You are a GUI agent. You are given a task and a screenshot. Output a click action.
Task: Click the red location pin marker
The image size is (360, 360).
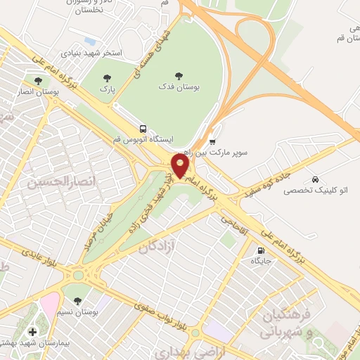click(181, 166)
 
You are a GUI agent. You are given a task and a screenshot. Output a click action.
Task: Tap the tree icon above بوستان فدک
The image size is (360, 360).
click(178, 75)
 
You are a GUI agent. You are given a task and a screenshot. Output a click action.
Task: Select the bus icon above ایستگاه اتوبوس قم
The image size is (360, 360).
click(144, 129)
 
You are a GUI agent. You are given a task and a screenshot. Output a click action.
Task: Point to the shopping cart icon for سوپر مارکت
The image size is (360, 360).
click(213, 141)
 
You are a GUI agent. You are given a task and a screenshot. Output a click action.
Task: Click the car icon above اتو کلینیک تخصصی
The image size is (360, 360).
click(316, 178)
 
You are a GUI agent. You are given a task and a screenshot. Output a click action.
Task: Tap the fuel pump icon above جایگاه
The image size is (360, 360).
click(262, 250)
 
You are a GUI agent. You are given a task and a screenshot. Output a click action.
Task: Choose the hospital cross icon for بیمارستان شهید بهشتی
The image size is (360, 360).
click(32, 331)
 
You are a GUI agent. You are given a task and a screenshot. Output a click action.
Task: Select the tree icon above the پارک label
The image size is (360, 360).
click(107, 79)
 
